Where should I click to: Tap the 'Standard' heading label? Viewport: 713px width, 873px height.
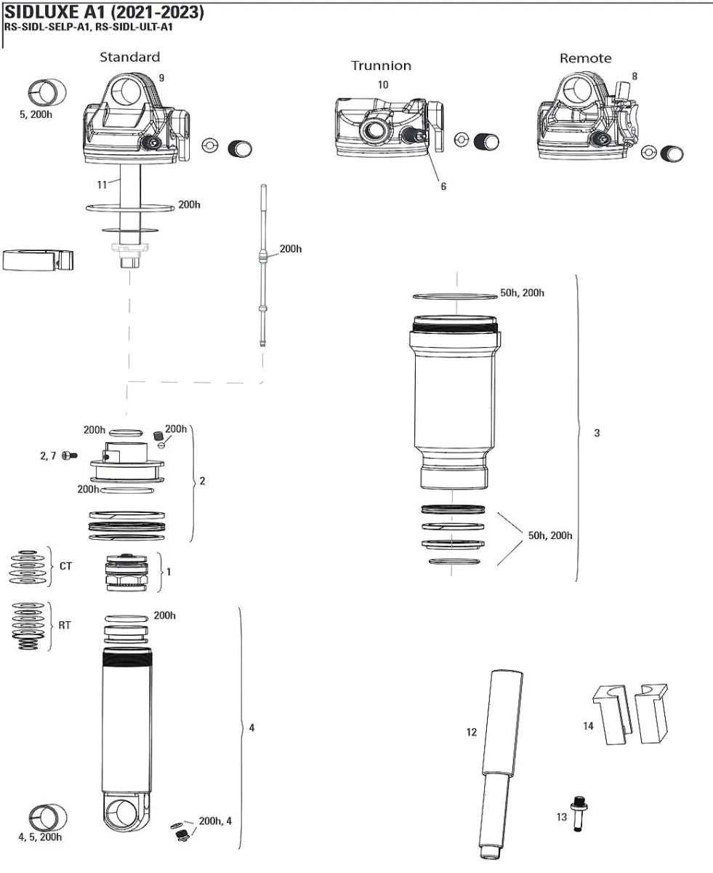coord(129,57)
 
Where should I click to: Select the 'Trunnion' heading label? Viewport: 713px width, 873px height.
coord(381,65)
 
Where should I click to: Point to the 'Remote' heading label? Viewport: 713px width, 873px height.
coord(585,58)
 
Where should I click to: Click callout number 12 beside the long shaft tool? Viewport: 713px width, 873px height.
coord(471,732)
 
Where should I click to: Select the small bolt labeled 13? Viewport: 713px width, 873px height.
coord(578,813)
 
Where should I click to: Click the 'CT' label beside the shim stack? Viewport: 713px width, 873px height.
coord(65,565)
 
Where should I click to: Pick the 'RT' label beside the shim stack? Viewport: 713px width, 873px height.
coord(65,625)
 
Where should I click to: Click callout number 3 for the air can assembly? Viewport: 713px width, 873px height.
coord(597,434)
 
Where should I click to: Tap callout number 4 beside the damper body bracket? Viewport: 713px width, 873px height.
coord(251,727)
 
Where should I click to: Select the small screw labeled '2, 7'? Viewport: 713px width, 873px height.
coord(70,455)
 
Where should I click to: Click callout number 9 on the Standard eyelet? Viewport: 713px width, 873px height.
coord(161,78)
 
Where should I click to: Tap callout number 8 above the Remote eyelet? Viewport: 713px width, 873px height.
coord(635,76)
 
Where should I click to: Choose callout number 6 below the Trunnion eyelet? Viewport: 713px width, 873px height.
coord(443,186)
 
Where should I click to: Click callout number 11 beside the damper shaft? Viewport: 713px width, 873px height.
coord(102,184)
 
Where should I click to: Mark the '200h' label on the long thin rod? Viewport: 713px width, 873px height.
coord(290,249)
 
